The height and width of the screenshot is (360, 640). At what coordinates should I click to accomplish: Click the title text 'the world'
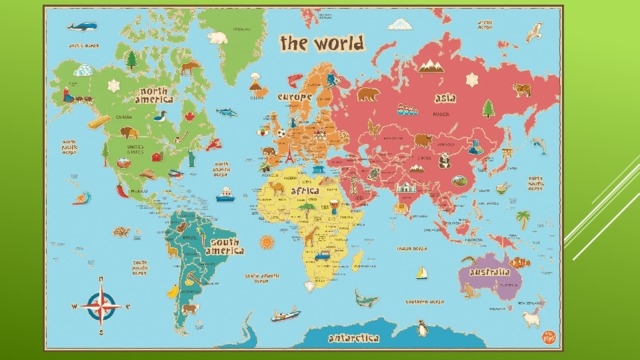[321, 43]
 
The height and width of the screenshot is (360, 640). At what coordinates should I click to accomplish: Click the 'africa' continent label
[305, 190]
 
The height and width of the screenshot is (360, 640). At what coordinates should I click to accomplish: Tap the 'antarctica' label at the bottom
[354, 339]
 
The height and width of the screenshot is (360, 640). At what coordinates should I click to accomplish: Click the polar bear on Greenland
[217, 38]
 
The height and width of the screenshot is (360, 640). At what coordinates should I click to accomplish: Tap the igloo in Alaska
[83, 71]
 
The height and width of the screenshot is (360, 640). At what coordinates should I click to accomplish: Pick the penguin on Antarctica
[422, 326]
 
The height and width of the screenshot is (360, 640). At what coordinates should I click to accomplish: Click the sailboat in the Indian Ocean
[422, 272]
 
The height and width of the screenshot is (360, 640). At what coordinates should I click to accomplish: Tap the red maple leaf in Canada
[189, 116]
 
